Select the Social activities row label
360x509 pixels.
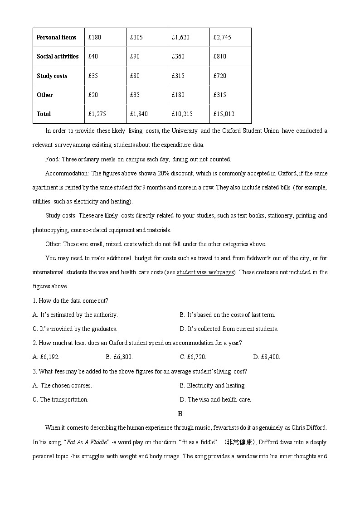tap(58, 56)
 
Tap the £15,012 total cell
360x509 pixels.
tap(224, 114)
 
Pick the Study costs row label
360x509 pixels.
tap(52, 76)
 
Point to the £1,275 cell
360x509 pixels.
tap(97, 114)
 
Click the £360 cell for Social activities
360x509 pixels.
tap(178, 56)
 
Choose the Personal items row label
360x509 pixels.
tap(56, 37)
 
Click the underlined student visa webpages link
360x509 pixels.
tap(205, 272)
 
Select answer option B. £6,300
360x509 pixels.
tap(119, 357)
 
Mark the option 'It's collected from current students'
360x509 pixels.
tap(229, 329)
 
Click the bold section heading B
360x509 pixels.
tap(180, 413)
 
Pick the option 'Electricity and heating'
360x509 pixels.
tap(213, 385)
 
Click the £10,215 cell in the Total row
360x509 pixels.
tap(183, 114)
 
